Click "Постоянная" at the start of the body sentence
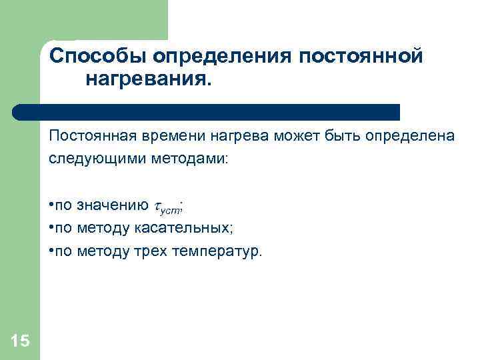click(x=89, y=137)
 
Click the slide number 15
click(x=20, y=341)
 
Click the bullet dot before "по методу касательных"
click(x=51, y=228)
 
